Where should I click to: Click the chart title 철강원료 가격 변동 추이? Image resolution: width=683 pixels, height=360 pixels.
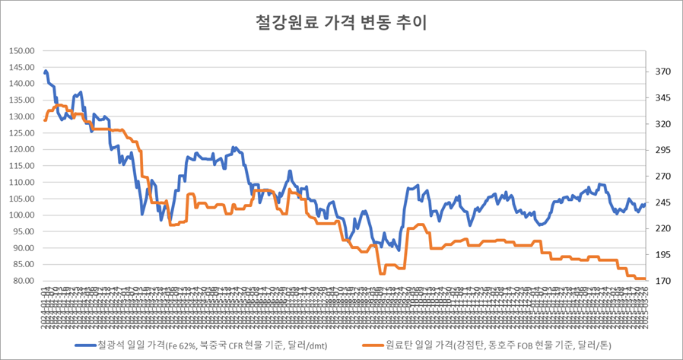pos(341,23)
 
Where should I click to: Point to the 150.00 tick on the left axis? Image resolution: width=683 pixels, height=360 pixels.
pos(22,51)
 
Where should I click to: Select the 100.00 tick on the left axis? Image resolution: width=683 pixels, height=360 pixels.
pos(22,215)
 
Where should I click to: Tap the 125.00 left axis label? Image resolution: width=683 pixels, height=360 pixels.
pos(22,133)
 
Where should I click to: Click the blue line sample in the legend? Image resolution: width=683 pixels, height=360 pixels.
pos(88,345)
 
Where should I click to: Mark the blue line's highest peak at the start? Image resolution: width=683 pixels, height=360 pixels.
pos(46,72)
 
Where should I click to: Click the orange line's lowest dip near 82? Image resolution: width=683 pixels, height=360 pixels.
pos(381,273)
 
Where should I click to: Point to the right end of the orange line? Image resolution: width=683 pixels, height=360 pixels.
pos(645,279)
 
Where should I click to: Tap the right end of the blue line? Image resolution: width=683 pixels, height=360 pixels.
pos(645,204)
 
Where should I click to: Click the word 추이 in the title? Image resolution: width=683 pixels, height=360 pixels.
pos(414,23)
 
